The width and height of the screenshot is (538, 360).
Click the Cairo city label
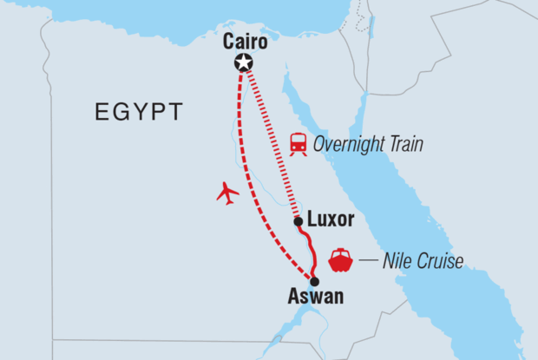pyautogui.click(x=245, y=43)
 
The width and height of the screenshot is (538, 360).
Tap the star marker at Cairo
pyautogui.click(x=244, y=62)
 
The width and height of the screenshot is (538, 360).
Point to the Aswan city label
pyautogui.click(x=315, y=297)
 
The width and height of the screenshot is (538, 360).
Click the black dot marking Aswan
pyautogui.click(x=314, y=281)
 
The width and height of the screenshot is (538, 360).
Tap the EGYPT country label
pyautogui.click(x=139, y=112)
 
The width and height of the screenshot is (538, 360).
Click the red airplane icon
pyautogui.click(x=227, y=193)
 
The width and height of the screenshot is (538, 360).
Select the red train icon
pyautogui.click(x=299, y=143)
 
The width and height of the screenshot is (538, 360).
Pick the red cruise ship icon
pyautogui.click(x=340, y=259)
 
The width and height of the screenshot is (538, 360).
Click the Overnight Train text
pyautogui.click(x=369, y=144)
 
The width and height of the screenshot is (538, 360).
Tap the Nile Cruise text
pyautogui.click(x=423, y=260)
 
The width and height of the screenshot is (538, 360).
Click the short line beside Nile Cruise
pyautogui.click(x=368, y=259)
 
